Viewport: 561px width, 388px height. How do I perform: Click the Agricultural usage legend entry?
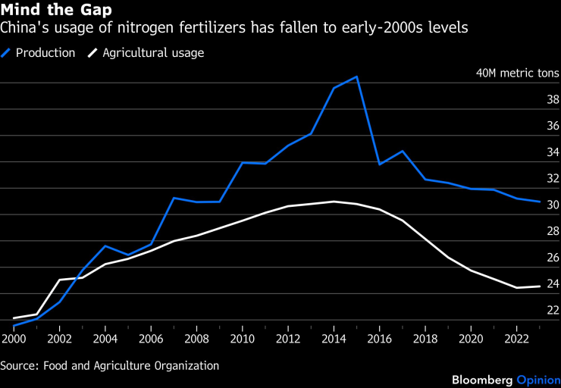152,53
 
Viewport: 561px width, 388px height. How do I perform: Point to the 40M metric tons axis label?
517,74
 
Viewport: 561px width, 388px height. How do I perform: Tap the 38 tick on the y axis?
553,99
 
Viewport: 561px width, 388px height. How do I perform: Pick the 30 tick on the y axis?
553,205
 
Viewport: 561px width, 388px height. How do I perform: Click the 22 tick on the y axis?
553,310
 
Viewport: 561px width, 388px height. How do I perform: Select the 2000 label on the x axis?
13,337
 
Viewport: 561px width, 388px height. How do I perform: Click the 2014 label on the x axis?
334,337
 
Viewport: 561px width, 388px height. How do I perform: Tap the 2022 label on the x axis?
516,337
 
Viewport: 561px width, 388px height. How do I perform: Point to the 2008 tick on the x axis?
196,337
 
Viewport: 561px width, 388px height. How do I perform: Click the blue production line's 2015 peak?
356,77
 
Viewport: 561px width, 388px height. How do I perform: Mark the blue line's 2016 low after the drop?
379,164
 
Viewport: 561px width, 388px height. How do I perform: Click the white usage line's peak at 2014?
334,202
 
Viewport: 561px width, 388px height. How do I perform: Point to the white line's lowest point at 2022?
516,288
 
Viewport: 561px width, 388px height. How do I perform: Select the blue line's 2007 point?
174,198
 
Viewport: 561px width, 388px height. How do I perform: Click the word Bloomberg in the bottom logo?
482,379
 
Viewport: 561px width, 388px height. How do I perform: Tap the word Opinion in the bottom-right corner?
538,379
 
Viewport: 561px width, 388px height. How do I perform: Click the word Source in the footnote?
19,365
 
